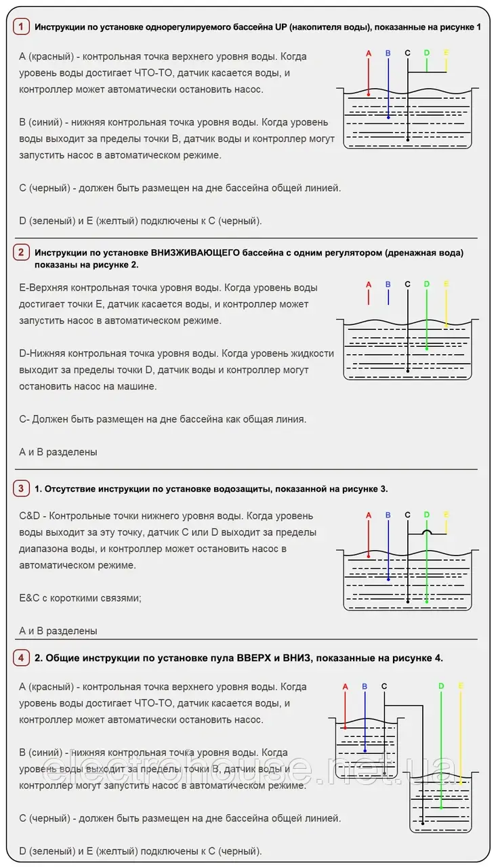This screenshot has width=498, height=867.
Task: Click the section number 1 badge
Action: click(21, 26)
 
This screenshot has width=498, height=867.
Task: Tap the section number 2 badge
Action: click(21, 253)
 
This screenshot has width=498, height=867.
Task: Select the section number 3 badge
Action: click(21, 488)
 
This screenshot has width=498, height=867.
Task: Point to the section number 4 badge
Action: click(21, 658)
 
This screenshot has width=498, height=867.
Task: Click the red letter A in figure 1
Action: click(369, 53)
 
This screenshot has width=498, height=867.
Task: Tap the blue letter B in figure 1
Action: click(388, 53)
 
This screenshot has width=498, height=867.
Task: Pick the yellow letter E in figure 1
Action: click(446, 53)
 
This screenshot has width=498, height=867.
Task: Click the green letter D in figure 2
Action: click(426, 284)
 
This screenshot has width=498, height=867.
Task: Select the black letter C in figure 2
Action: click(407, 284)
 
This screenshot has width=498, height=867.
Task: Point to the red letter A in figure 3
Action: click(369, 515)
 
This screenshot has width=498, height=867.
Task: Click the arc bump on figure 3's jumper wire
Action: click(426, 532)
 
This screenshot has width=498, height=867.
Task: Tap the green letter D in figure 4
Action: click(441, 686)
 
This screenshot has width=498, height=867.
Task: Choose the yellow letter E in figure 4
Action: click(461, 686)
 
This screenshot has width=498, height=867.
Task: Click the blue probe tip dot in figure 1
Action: click(388, 117)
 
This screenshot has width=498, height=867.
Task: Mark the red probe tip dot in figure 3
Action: click(369, 555)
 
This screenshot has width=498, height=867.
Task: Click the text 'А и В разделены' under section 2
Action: click(58, 452)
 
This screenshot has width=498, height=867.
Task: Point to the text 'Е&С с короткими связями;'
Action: click(80, 598)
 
